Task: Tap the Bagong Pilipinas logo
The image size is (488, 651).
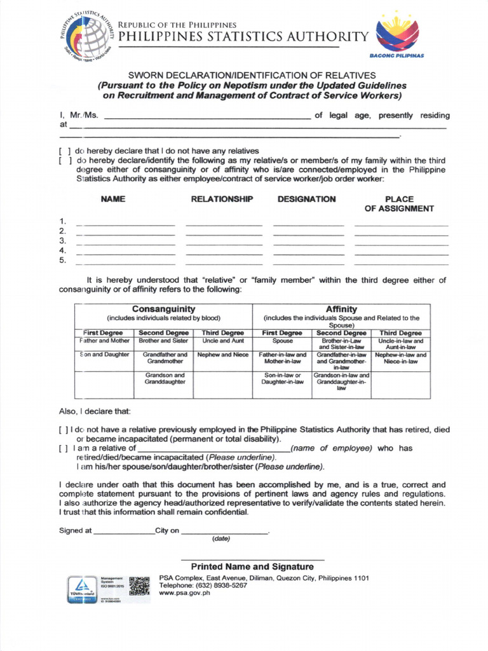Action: click(397, 35)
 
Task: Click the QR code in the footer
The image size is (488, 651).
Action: click(139, 586)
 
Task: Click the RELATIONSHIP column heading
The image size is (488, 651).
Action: click(222, 200)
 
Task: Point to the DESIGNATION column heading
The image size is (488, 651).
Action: click(307, 200)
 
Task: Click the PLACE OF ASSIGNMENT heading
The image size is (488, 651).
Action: click(399, 204)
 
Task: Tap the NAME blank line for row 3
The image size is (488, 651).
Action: click(125, 242)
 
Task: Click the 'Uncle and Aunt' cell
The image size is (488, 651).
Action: click(222, 341)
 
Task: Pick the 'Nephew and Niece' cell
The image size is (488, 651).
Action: click(222, 355)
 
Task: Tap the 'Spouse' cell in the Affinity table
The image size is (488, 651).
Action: click(282, 341)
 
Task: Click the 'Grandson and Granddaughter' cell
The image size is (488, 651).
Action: click(164, 379)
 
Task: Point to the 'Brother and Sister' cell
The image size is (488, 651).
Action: click(163, 341)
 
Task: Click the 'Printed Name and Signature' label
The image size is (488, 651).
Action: click(252, 566)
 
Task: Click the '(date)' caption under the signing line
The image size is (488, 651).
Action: click(221, 539)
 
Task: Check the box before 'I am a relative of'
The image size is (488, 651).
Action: click(64, 448)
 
